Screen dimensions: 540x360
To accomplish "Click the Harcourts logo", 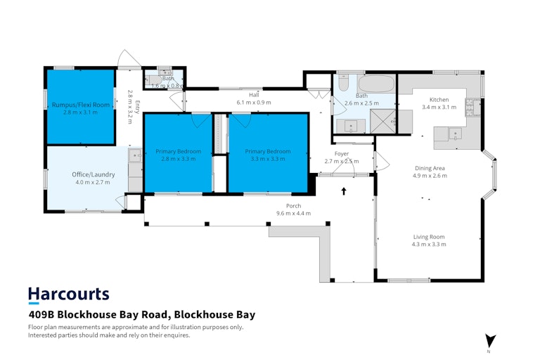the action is coord(68,295).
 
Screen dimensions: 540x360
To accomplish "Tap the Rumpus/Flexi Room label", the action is coord(81,105).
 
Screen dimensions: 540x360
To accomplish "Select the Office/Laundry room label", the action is coord(94,174).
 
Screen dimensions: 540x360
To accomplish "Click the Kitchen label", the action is coord(439,100).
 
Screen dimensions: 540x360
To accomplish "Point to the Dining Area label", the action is coord(430,168).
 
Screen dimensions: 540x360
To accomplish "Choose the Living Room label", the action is coord(429,237).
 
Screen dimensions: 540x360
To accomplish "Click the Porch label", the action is coord(293,206).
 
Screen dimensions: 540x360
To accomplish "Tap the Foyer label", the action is coord(342,154).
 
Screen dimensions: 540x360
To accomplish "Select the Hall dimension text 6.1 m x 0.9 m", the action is coord(254,103).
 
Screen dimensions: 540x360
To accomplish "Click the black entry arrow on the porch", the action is coord(344,191).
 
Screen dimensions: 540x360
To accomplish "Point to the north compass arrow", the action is coord(490,341).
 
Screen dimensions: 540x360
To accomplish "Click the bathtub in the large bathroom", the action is coord(375,84).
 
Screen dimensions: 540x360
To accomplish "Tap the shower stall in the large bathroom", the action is coord(382,121).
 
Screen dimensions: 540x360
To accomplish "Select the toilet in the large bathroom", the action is coord(343,83).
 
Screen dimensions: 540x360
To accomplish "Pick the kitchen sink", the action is coord(456,134).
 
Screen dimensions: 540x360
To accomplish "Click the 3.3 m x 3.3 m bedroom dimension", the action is coord(268,159).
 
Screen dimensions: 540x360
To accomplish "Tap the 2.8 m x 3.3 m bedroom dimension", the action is coord(179,159).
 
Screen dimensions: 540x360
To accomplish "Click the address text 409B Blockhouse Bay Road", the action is coord(98,315).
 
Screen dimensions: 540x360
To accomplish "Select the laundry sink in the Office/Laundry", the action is coord(135,155).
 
